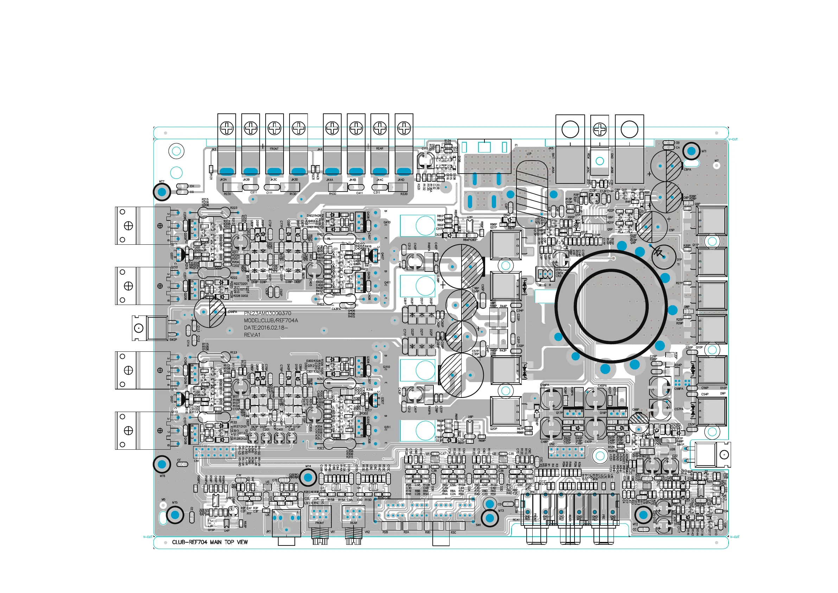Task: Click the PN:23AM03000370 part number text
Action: click(267, 313)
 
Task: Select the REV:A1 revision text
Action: click(252, 335)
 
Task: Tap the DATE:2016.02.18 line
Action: click(266, 327)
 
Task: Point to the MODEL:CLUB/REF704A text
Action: click(271, 320)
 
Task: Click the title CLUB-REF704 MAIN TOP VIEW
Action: click(210, 542)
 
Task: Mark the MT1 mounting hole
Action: click(691, 151)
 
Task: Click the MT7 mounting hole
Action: click(162, 192)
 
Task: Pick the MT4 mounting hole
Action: click(308, 477)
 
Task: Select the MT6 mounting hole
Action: click(162, 464)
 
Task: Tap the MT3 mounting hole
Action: click(490, 518)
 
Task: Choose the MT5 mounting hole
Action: click(175, 515)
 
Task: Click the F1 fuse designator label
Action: click(516, 145)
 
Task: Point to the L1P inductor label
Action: click(529, 154)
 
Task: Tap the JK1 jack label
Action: click(269, 531)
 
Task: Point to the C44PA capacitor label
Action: click(233, 312)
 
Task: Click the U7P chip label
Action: click(469, 217)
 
